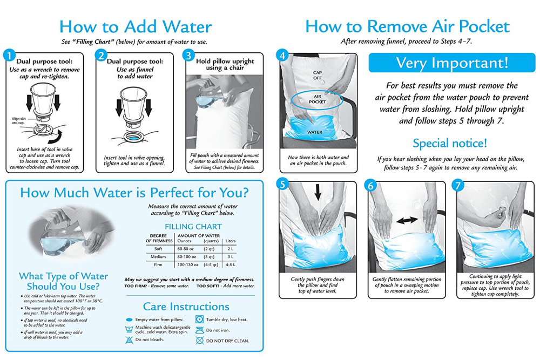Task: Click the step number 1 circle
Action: pos(10,56)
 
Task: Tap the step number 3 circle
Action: pos(188,55)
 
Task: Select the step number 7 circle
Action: pos(458,186)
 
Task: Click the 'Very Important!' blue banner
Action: pos(452,63)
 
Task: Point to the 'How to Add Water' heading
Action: pos(136,26)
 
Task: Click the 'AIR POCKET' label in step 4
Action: pos(317,99)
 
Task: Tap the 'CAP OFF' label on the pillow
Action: pos(317,75)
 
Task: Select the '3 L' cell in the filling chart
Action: pos(230,257)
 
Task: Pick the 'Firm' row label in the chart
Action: pos(158,264)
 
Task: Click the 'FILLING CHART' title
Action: pos(193,227)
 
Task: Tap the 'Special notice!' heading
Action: pos(450,143)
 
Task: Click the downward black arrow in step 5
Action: pos(318,192)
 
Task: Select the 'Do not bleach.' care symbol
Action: pos(129,340)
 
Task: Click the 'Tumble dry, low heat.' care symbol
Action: pos(199,320)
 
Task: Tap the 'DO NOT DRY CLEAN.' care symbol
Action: pos(199,341)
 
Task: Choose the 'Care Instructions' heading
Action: pos(186,307)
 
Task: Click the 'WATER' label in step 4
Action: pos(315,132)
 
